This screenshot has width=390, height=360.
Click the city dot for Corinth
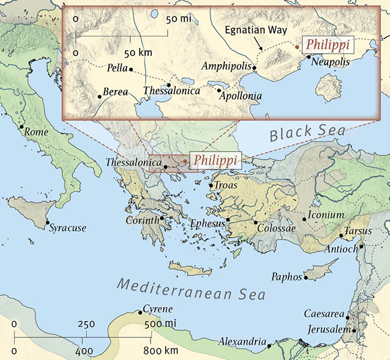click(x=162, y=218)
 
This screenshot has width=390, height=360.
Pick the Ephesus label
click(x=206, y=223)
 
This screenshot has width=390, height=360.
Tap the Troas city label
click(x=226, y=186)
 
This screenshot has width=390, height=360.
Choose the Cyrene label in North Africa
click(x=158, y=310)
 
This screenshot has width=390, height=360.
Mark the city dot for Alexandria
click(x=269, y=346)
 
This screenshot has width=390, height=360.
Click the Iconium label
click(x=326, y=215)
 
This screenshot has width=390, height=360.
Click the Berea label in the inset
click(x=116, y=92)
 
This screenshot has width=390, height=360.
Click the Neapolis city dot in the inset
click(x=308, y=57)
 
